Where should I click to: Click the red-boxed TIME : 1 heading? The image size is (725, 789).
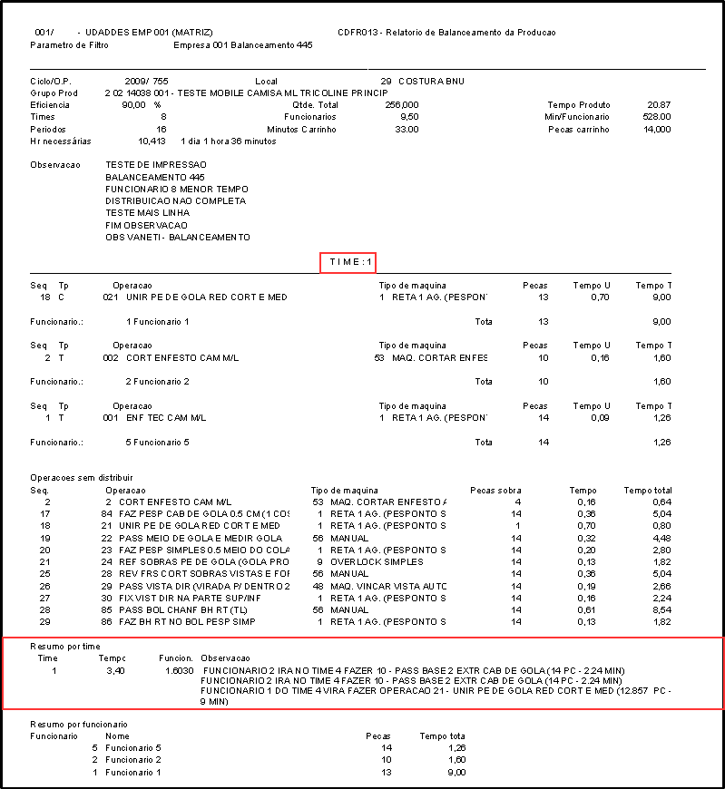pos(348,262)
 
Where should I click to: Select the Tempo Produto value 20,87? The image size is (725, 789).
pos(653,105)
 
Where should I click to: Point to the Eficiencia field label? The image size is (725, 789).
pos(49,105)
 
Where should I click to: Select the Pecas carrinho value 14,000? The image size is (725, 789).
pos(652,130)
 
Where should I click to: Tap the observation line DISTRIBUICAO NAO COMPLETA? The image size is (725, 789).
pos(175,201)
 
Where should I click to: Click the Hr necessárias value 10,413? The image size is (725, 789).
pos(152,141)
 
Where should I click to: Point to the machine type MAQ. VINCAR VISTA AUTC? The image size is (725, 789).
pos(387,586)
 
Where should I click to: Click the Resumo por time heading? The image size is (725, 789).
pos(64,646)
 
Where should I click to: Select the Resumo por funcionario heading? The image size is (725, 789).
pos(79,724)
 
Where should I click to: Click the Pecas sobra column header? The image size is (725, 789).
pos(495,490)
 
